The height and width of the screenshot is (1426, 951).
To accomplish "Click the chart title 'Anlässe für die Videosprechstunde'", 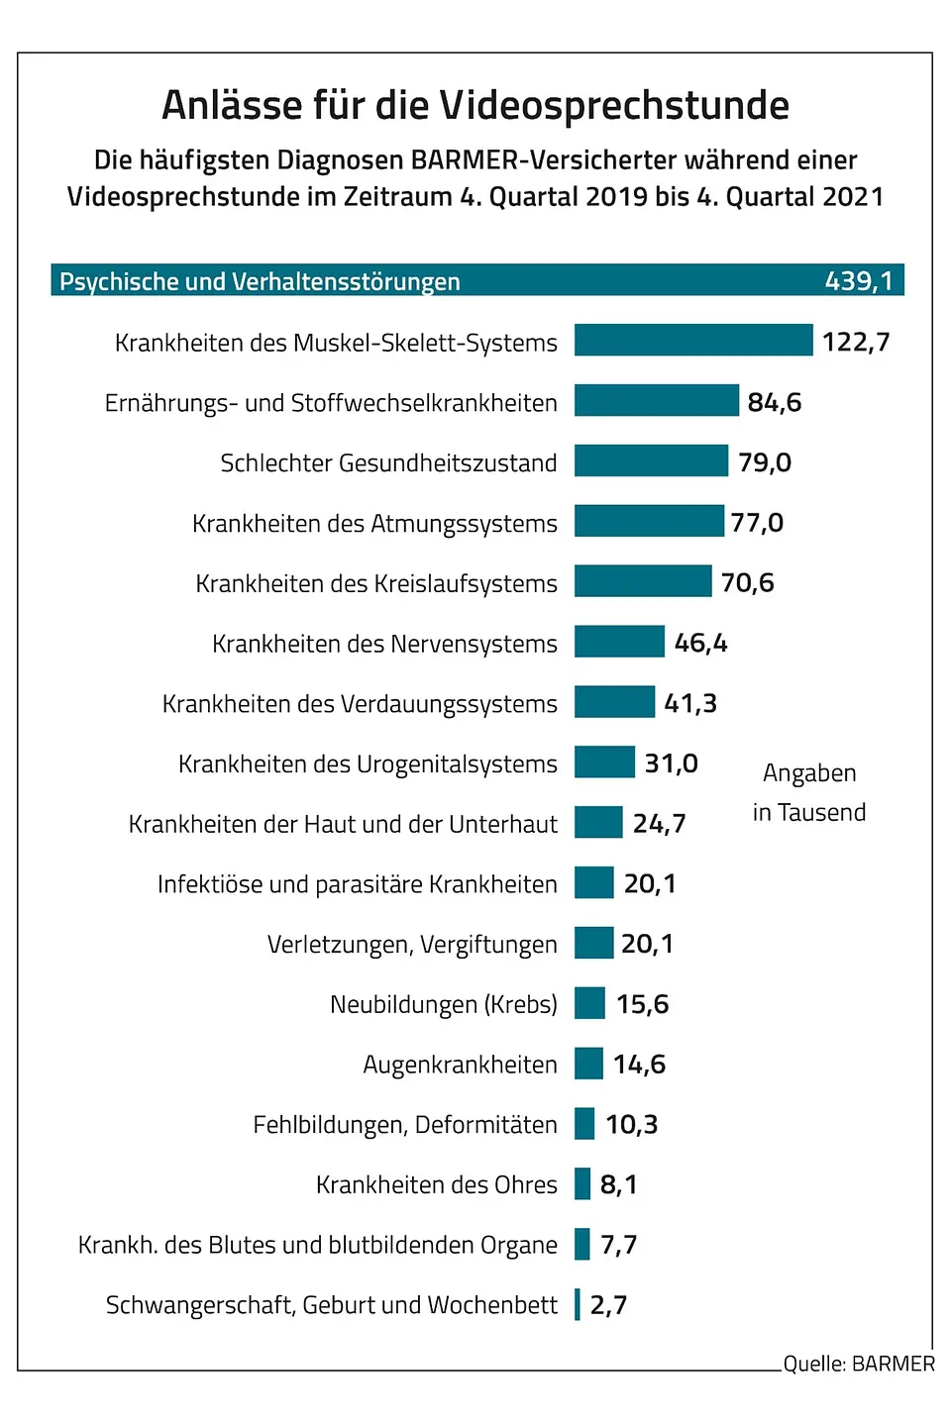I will [x=475, y=105].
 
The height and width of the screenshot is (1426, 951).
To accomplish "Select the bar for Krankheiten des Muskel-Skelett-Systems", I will [x=692, y=340].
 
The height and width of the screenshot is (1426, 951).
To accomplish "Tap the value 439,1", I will [x=858, y=281].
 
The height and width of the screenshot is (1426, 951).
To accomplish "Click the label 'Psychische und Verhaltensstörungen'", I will [x=260, y=281].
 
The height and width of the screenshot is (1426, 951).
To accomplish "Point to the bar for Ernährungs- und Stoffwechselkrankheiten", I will [x=656, y=400].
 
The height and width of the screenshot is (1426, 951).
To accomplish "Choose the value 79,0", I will [x=764, y=462].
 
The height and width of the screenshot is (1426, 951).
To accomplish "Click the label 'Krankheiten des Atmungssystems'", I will [x=374, y=523].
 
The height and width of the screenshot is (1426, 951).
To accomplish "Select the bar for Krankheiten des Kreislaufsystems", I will [x=642, y=581].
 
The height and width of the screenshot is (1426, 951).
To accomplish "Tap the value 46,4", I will [x=700, y=643].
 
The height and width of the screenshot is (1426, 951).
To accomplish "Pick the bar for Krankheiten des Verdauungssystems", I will [x=614, y=701].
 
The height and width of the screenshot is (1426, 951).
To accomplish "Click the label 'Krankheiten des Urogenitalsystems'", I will [x=368, y=764].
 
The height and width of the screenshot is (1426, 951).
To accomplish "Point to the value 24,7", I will [x=659, y=823].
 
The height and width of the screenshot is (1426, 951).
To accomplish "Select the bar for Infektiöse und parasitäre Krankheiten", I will [x=593, y=882].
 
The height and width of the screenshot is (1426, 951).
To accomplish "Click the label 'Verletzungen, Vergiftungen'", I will [x=412, y=944].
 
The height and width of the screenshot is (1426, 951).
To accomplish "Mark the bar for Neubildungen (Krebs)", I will [x=589, y=1003].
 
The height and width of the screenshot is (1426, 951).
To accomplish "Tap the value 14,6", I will [x=639, y=1065].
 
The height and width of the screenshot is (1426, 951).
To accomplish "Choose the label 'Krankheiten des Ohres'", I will [x=436, y=1184].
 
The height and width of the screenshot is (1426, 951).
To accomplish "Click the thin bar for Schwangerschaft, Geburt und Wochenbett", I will [x=578, y=1304].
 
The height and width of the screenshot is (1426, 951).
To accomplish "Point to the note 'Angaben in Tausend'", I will [x=809, y=792].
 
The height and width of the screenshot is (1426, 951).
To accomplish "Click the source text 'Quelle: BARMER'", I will [x=858, y=1364].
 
